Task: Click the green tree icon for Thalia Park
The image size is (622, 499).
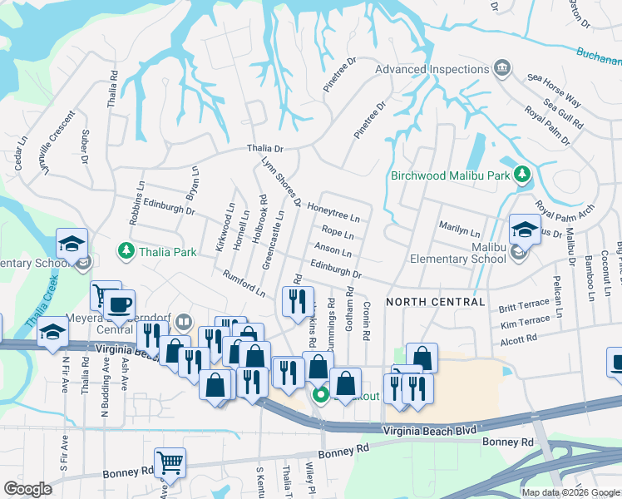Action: click(126, 250)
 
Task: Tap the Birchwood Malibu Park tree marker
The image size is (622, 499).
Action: click(521, 175)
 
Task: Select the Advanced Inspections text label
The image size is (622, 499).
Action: click(431, 69)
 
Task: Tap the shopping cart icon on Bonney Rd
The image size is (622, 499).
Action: click(170, 462)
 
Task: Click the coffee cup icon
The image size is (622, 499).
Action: click(119, 304)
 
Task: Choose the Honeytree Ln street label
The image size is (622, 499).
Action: click(333, 212)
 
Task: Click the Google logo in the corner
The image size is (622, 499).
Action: click(28, 489)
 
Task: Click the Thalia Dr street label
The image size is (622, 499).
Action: click(265, 149)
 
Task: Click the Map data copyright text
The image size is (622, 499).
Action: click(570, 492)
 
